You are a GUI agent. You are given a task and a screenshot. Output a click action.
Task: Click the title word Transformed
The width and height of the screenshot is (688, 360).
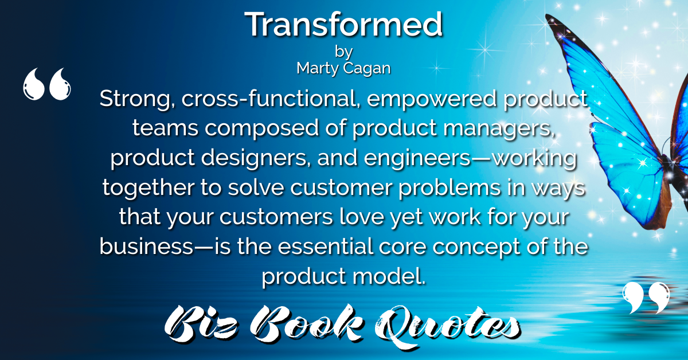pos(343,24)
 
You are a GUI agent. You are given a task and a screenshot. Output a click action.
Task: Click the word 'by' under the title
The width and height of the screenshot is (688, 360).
pos(343,52)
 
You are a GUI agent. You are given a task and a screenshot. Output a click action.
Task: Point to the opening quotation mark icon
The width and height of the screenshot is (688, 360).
pos(46,84)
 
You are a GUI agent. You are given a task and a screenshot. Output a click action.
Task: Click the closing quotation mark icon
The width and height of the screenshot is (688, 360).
pos(646,298)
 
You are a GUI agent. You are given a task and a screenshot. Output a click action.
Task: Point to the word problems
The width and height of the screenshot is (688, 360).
pos(449,187)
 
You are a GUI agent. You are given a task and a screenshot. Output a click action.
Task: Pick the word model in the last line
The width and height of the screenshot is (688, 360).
pos(389,276)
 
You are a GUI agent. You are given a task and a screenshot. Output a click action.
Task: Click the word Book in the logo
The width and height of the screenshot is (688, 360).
pos(306,324)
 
